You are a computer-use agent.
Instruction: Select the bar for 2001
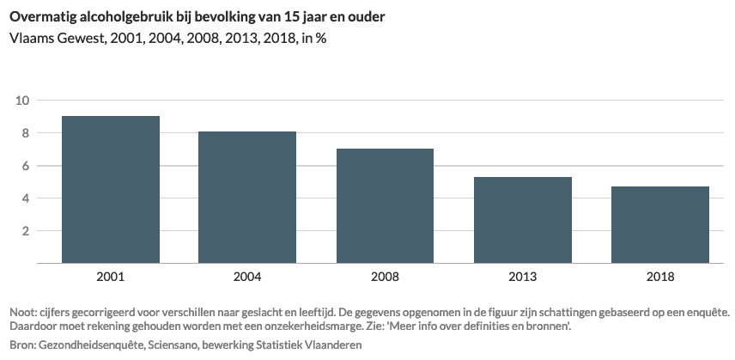pos(110,189)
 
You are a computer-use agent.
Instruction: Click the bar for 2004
pos(247,197)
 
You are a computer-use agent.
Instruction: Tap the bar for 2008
pos(385,205)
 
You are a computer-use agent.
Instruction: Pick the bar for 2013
pos(522,220)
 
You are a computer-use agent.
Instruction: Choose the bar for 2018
pos(659,224)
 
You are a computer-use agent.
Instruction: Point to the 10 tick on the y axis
pos(22,101)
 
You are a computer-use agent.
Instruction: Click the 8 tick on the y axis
pos(26,133)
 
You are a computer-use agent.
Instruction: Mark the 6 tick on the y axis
pos(26,166)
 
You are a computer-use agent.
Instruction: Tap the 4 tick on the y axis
pos(26,198)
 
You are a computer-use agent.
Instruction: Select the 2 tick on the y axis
pos(26,231)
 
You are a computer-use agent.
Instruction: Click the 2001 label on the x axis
pos(110,277)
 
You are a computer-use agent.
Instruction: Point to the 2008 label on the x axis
pos(385,277)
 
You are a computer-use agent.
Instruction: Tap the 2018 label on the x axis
pos(659,277)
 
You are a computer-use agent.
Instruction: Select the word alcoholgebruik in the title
pos(129,16)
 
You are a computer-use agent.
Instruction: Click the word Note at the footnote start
pos(22,312)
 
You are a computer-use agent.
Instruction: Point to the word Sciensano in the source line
pos(176,345)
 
